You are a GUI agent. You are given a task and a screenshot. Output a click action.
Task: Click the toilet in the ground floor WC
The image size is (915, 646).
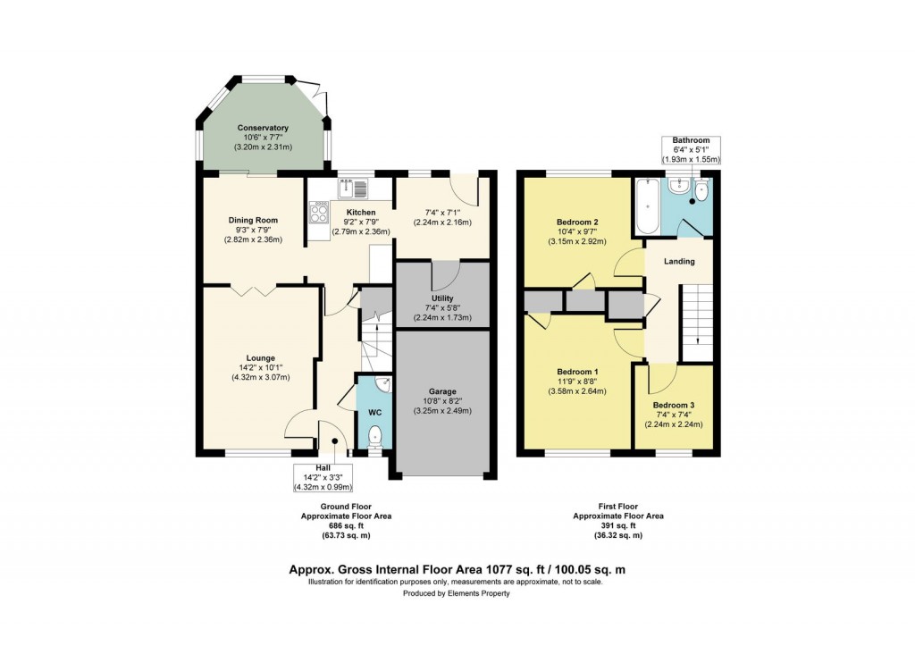click(375, 436)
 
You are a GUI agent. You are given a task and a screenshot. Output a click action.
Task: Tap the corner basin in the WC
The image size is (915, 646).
click(383, 385)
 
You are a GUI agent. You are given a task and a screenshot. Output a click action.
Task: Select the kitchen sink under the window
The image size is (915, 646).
click(353, 188)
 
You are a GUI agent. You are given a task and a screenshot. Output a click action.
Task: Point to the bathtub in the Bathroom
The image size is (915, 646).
click(646, 206)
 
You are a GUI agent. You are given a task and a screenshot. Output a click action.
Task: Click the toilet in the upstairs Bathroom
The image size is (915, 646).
click(702, 191)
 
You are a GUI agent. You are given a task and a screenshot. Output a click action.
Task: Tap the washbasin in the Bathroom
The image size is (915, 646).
click(680, 185)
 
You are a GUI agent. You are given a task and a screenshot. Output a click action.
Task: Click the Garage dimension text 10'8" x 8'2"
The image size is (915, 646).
click(443, 401)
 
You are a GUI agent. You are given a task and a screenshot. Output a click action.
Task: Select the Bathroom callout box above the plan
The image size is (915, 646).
click(691, 149)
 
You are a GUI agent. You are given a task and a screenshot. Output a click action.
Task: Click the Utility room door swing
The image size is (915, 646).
click(444, 273)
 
